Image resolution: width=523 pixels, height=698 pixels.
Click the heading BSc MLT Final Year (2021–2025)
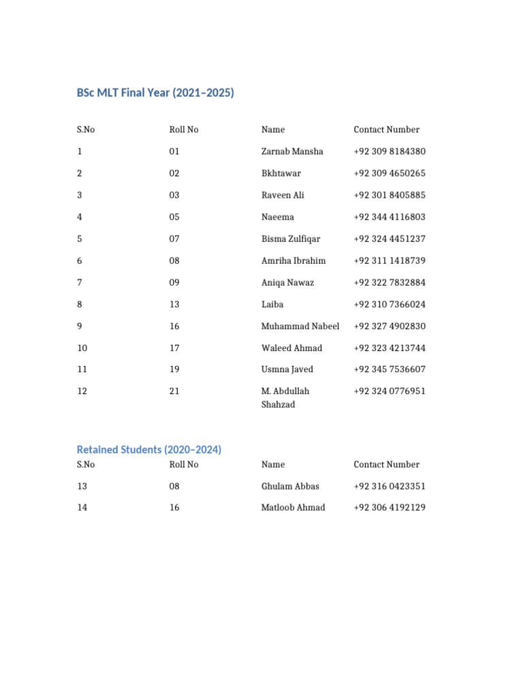(x=155, y=93)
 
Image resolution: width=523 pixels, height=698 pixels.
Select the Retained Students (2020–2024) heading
(x=149, y=450)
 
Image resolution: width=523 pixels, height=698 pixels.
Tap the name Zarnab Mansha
(x=292, y=151)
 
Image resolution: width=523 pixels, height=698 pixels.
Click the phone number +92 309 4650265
(x=390, y=173)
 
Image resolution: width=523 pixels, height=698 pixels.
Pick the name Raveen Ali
(x=283, y=195)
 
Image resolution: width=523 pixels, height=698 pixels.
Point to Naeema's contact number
(x=390, y=217)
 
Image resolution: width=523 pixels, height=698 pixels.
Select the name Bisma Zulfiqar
(x=291, y=239)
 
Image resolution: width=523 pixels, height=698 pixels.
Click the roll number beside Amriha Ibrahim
(x=174, y=260)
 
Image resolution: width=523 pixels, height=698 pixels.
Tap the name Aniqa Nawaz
(x=287, y=282)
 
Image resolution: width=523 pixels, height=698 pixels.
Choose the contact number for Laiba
(x=390, y=304)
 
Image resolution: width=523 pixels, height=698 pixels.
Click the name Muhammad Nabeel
(x=300, y=326)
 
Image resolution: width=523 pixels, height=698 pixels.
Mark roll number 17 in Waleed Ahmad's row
(x=174, y=348)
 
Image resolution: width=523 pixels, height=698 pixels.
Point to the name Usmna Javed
(x=287, y=369)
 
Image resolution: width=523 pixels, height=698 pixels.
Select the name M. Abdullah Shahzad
(x=285, y=397)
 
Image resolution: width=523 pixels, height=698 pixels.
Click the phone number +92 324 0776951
(x=390, y=391)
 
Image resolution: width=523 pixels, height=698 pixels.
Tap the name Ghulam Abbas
(x=290, y=486)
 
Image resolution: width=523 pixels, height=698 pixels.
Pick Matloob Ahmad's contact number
(x=390, y=507)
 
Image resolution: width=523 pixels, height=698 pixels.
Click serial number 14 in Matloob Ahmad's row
(x=82, y=507)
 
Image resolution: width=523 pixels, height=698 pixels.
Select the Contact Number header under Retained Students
(x=386, y=464)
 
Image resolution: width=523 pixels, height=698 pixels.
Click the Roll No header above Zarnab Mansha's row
(x=184, y=130)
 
